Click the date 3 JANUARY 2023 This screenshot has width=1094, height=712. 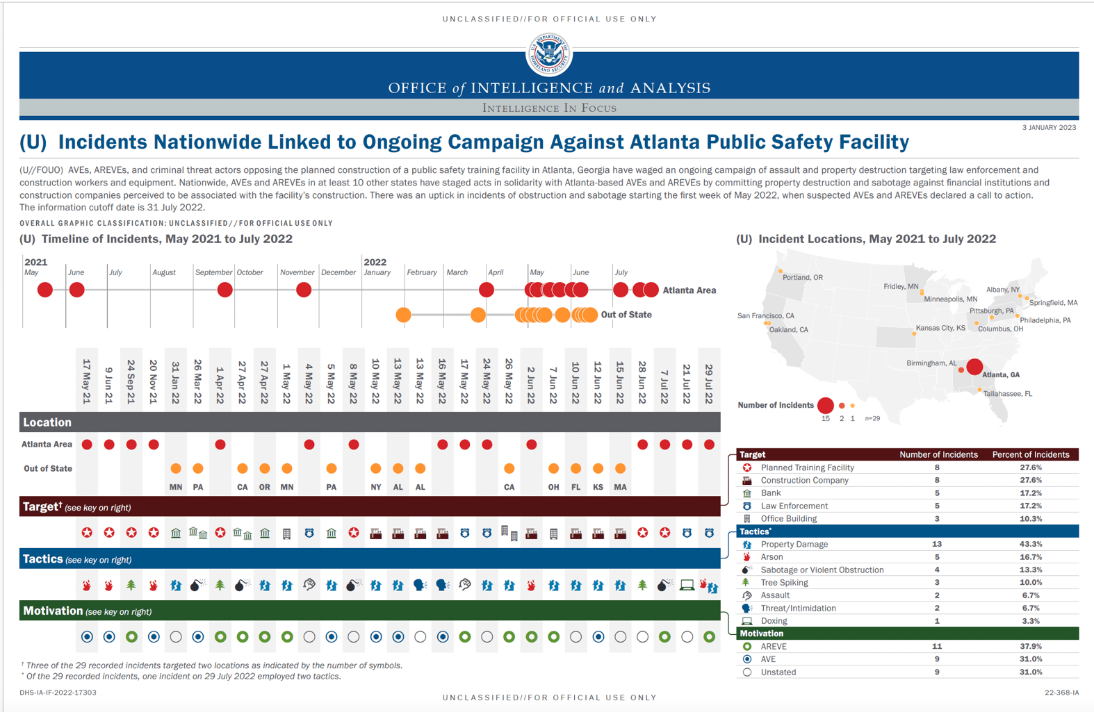tap(1049, 127)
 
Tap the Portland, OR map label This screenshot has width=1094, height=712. tap(802, 277)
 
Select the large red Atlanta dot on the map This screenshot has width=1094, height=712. tap(974, 367)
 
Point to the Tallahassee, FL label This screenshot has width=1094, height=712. tap(1007, 394)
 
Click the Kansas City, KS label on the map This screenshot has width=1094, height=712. tap(940, 328)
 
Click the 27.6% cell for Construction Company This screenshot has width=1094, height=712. tap(1030, 480)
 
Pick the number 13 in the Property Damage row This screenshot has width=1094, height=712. tap(937, 544)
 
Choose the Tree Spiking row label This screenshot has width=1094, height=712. tap(784, 583)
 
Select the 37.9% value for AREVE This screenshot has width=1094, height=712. tap(1030, 646)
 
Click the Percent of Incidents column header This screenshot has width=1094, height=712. tap(1030, 455)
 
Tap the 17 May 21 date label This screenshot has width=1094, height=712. tap(87, 381)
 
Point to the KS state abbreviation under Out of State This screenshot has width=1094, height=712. tap(598, 488)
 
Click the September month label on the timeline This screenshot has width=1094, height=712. tap(213, 272)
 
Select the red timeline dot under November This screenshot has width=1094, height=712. tap(304, 290)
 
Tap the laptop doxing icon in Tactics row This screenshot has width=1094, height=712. tap(687, 585)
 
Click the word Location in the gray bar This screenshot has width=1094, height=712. tap(47, 422)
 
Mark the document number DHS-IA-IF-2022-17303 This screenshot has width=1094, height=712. tap(58, 693)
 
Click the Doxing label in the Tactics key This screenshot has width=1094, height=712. tap(774, 621)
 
